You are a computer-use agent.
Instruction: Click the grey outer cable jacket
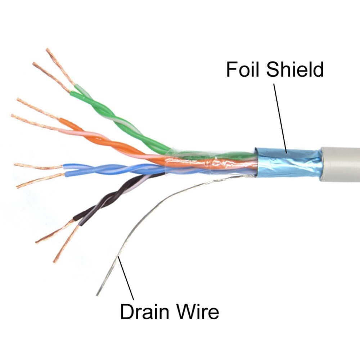point(340,164)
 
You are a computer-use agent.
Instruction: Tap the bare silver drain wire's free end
point(98,293)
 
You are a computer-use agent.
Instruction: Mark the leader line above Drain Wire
point(126,277)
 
